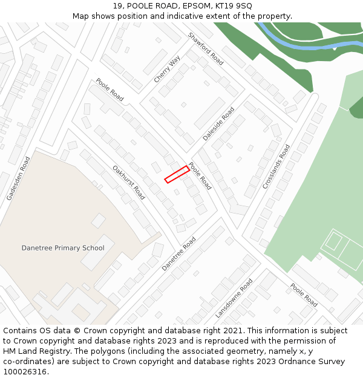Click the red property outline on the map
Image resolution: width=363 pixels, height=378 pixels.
click(177, 174)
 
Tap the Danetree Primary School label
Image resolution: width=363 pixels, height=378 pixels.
click(63, 248)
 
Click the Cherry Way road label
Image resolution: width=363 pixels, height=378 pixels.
click(167, 70)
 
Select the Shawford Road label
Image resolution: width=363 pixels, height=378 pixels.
click(206, 48)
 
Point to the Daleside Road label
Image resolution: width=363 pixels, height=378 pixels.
click(218, 125)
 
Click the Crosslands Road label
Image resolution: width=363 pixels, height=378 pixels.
click(276, 167)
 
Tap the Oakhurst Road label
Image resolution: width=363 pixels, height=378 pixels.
click(129, 183)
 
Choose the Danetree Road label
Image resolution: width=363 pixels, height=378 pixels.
click(179, 253)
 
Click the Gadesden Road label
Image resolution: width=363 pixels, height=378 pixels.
click(18, 178)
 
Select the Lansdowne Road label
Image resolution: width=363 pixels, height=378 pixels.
click(234, 298)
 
